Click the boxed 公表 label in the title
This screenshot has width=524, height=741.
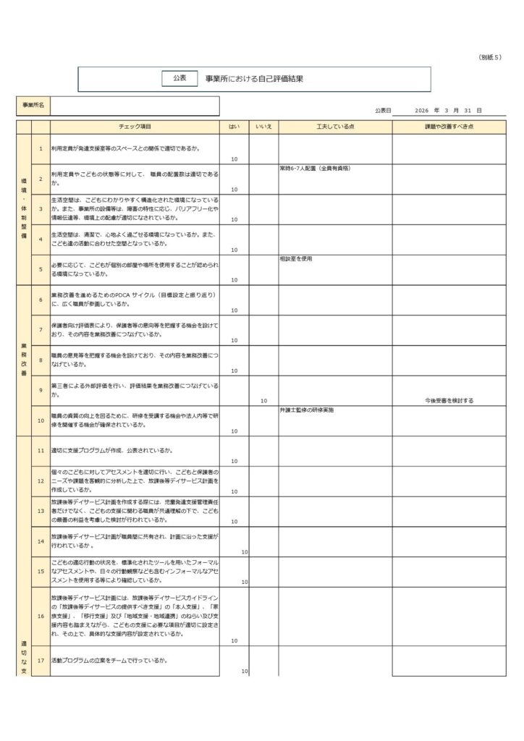179,78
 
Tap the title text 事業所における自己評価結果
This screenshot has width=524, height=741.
254,79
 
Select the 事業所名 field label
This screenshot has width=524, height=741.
33,106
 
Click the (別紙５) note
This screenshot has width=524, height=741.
490,57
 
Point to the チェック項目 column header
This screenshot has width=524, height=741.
135,127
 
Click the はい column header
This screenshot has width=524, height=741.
234,127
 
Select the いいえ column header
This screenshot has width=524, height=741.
263,127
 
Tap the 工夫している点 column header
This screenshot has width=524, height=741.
335,127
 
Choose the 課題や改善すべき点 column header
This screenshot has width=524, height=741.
449,127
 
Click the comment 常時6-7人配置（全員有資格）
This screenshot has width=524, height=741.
315,169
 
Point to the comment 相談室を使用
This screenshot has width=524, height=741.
296,259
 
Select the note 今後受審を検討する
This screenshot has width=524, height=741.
449,400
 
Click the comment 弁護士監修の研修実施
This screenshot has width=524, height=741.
307,410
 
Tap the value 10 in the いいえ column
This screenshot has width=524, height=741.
263,400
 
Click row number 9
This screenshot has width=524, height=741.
41,390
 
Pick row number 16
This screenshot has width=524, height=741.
41,616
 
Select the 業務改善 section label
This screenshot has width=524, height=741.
23,360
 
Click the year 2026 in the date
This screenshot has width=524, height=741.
423,111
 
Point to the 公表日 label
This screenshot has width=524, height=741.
383,111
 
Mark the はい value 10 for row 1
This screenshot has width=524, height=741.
234,159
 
